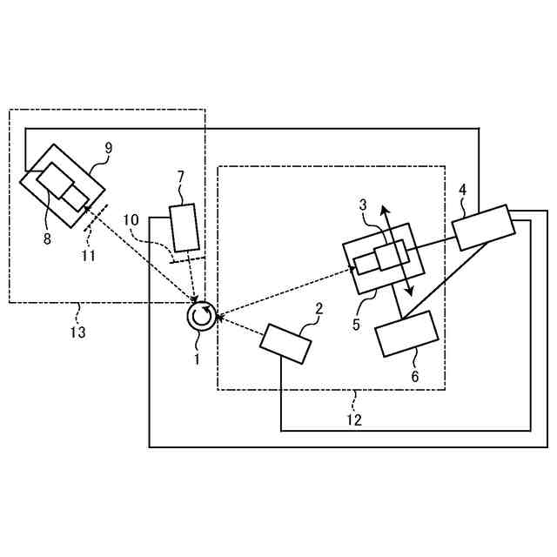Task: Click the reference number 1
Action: point(197,357)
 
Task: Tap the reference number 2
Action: point(319,309)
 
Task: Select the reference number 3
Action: point(364,205)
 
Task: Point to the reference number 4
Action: point(463,189)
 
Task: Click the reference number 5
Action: point(355,325)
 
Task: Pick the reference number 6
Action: point(415,377)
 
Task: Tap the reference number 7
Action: point(180,177)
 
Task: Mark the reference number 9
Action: point(109,148)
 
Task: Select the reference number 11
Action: point(87,257)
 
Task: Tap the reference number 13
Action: point(78,332)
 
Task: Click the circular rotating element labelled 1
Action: point(200,317)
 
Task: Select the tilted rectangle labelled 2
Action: point(285,343)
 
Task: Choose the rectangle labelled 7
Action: point(185,227)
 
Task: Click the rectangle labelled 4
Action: point(481,227)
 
